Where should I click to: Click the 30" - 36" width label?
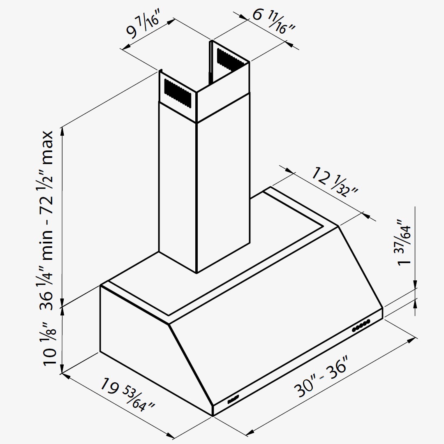point(320,377)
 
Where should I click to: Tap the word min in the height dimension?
point(47,245)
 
